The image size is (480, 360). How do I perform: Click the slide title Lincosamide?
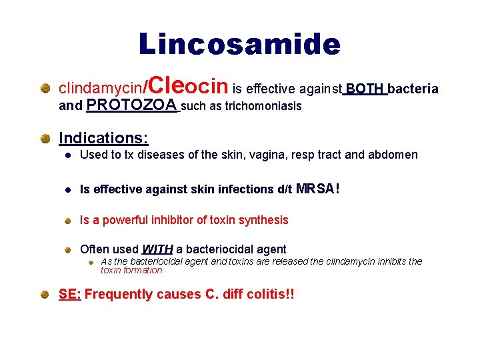pos(239,45)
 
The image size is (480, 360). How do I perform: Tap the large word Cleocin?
pos(189,86)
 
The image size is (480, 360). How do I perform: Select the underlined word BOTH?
pos(365,89)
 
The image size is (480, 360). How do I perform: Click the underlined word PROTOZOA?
pos(132,105)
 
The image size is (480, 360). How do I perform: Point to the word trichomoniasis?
pos(263,106)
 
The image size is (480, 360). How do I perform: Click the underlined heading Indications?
pos(103,138)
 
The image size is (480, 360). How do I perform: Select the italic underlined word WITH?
pos(157,250)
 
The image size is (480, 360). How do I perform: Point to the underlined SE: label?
pos(70,294)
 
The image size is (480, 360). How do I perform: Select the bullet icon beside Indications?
pos(44,139)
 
